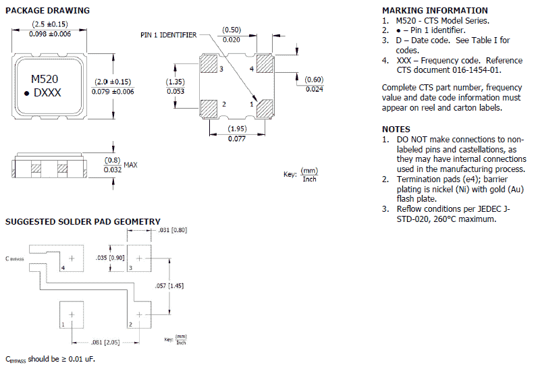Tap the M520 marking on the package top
click(45, 79)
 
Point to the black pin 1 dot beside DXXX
click(28, 94)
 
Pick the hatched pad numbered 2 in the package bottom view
click(209, 107)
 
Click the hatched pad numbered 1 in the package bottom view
click(263, 107)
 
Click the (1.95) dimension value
click(236, 128)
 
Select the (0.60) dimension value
click(315, 80)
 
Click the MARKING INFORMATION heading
click(435, 10)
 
